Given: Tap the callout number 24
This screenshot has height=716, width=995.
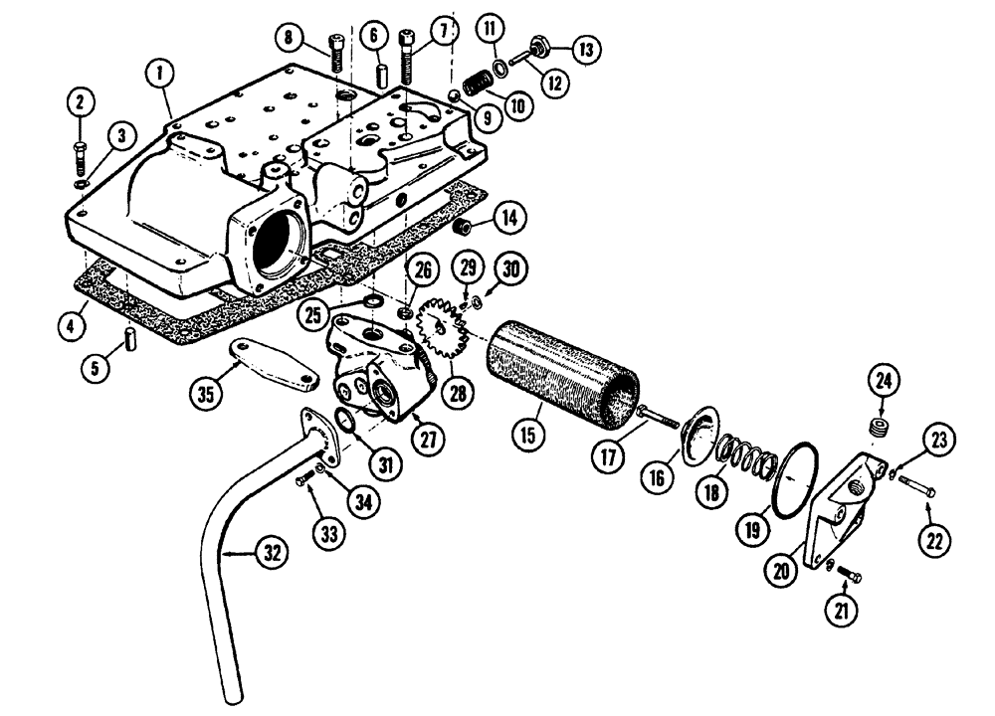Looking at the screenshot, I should click(885, 380).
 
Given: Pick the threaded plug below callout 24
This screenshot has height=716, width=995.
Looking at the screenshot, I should click(878, 429).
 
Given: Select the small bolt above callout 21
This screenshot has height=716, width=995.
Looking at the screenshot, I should click(848, 574).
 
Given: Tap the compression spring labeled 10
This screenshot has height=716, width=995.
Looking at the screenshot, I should click(476, 84).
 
